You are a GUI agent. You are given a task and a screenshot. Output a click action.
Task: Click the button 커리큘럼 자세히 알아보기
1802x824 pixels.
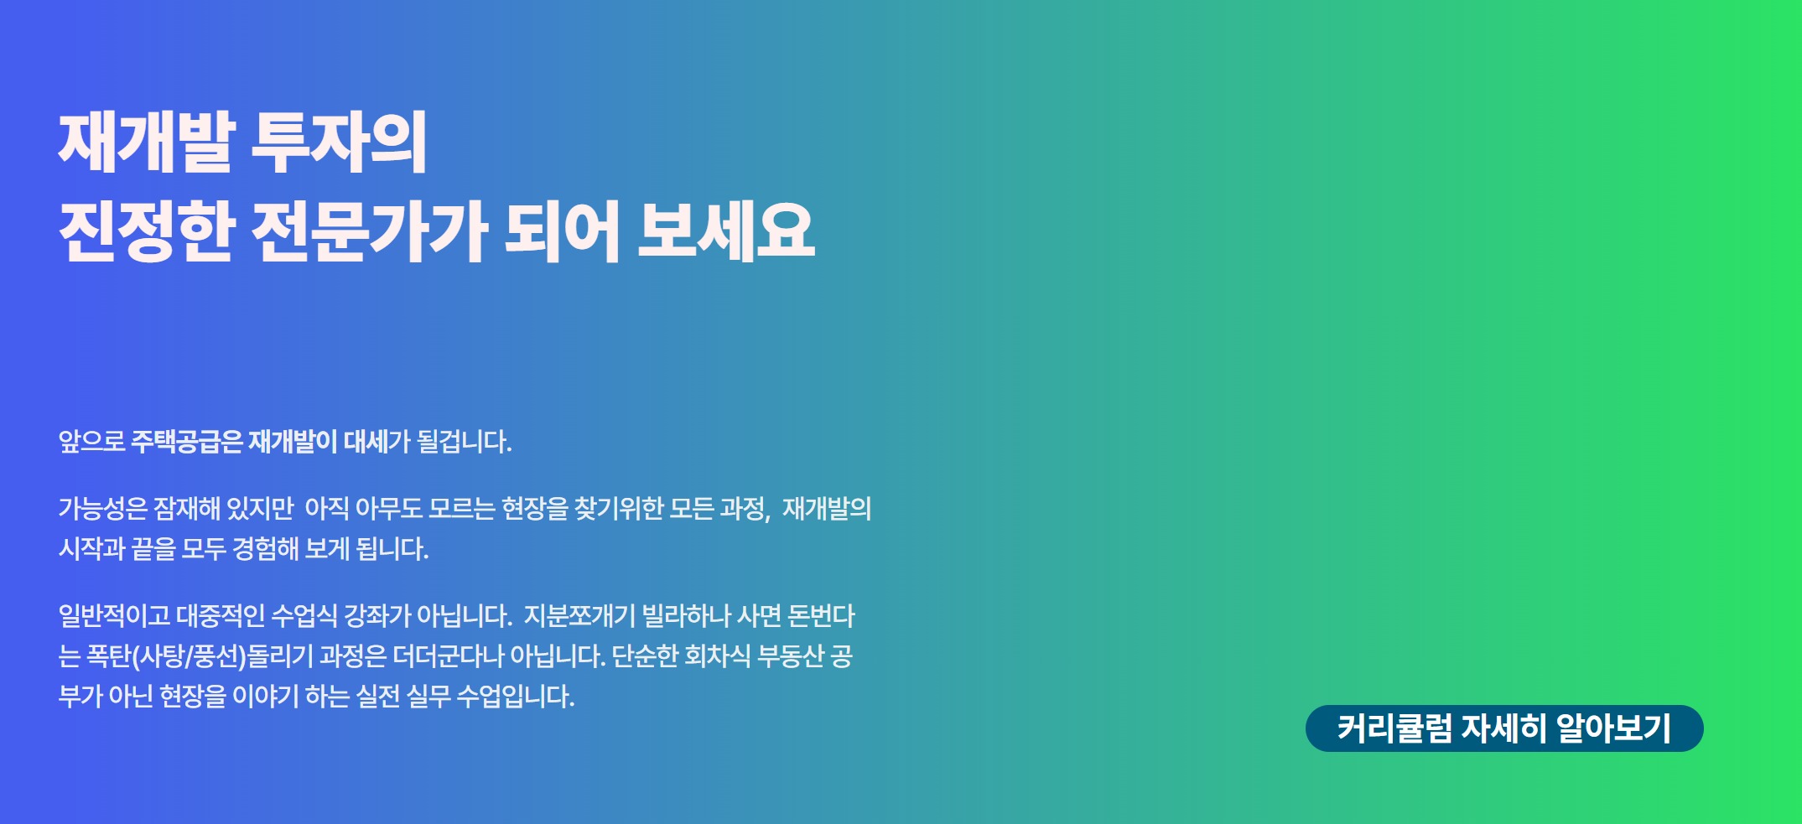click(x=1503, y=728)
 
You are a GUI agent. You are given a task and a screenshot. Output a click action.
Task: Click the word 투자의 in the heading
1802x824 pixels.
click(x=339, y=143)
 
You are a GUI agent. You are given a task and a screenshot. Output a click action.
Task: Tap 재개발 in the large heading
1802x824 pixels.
click(x=147, y=143)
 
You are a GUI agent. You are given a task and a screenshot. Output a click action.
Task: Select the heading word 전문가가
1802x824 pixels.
click(x=369, y=231)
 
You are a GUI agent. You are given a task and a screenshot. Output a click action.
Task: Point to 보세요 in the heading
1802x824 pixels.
click(x=725, y=231)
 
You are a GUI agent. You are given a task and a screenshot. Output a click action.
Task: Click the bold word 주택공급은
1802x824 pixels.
click(x=186, y=441)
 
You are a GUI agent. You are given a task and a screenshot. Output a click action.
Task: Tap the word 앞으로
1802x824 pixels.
click(x=91, y=441)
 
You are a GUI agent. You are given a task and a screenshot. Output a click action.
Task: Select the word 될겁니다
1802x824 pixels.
click(x=464, y=441)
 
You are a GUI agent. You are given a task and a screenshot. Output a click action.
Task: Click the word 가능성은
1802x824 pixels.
click(x=102, y=508)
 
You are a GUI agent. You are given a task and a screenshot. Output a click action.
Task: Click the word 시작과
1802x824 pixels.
click(x=91, y=549)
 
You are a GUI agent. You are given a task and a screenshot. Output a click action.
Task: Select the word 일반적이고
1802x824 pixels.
click(x=114, y=616)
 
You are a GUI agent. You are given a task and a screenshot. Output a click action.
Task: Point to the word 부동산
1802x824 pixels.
click(x=791, y=656)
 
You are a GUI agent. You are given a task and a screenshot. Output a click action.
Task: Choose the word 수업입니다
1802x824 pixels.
click(x=515, y=696)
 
